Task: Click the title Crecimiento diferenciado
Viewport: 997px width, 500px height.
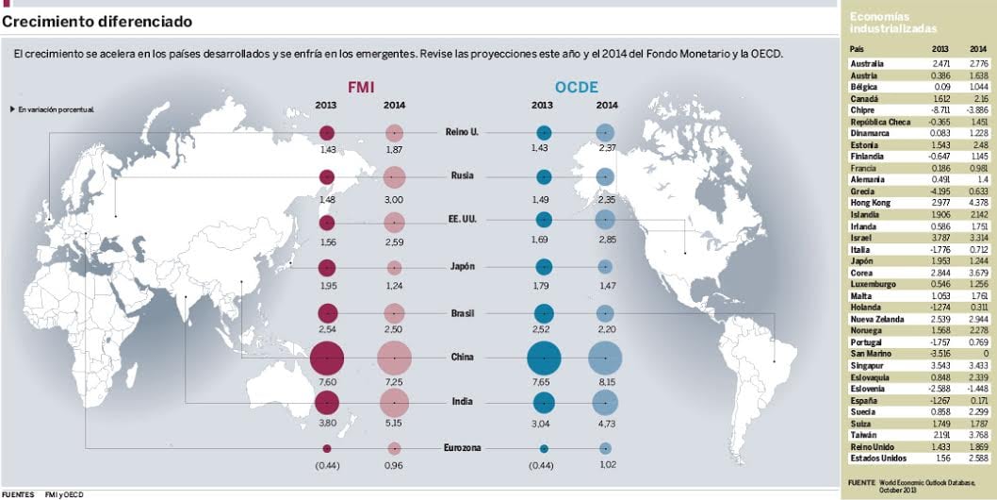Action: coord(98,21)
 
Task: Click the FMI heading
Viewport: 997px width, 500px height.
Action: coord(361,87)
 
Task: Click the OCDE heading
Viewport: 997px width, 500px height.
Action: coord(576,87)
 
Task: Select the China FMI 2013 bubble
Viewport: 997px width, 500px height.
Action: coord(326,358)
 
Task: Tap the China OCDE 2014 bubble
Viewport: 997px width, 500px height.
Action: coord(605,358)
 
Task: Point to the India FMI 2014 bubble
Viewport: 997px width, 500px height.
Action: coord(394,403)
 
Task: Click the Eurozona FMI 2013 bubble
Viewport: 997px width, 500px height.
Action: coord(327,449)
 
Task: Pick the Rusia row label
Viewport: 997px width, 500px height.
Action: coord(462,176)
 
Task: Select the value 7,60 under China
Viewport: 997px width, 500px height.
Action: coord(327,382)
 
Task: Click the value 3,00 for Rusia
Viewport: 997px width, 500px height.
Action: coord(394,200)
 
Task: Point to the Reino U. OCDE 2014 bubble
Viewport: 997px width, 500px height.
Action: coord(605,133)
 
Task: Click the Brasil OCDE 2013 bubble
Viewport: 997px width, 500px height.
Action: coord(544,313)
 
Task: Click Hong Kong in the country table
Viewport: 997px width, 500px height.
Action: coord(874,202)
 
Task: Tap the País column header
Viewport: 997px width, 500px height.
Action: coord(857,47)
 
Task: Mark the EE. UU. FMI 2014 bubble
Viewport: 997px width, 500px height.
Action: coord(394,223)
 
